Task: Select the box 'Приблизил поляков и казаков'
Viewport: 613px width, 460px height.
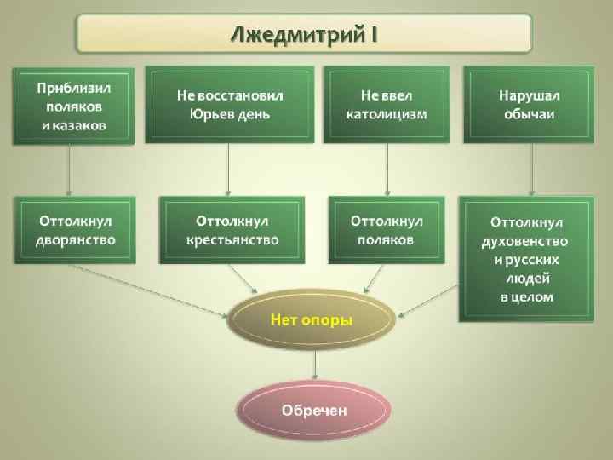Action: pyautogui.click(x=73, y=106)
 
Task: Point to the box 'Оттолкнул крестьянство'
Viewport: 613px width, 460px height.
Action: pyautogui.click(x=232, y=230)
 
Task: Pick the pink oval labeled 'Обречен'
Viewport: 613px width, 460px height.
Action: pyautogui.click(x=314, y=410)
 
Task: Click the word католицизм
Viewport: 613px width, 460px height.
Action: pyautogui.click(x=387, y=113)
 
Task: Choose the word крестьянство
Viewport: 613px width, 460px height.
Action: pyautogui.click(x=232, y=240)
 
